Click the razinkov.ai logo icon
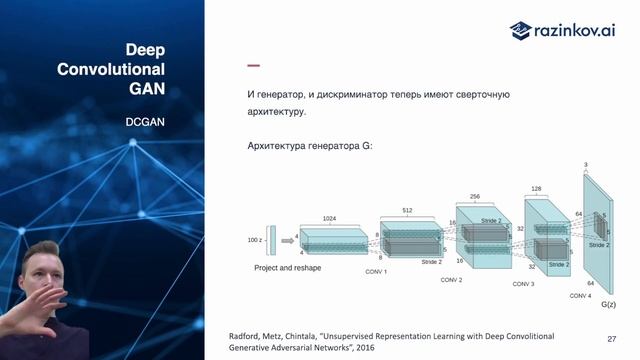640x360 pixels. click(520, 30)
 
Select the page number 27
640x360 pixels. click(611, 339)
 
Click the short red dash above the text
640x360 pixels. click(253, 66)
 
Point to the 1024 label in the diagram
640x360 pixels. click(328, 218)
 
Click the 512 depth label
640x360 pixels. click(407, 211)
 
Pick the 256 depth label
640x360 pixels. click(474, 197)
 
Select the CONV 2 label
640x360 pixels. click(452, 280)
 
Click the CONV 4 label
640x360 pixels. click(581, 296)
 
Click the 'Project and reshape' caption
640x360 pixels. click(287, 268)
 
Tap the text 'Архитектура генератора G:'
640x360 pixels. click(309, 146)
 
